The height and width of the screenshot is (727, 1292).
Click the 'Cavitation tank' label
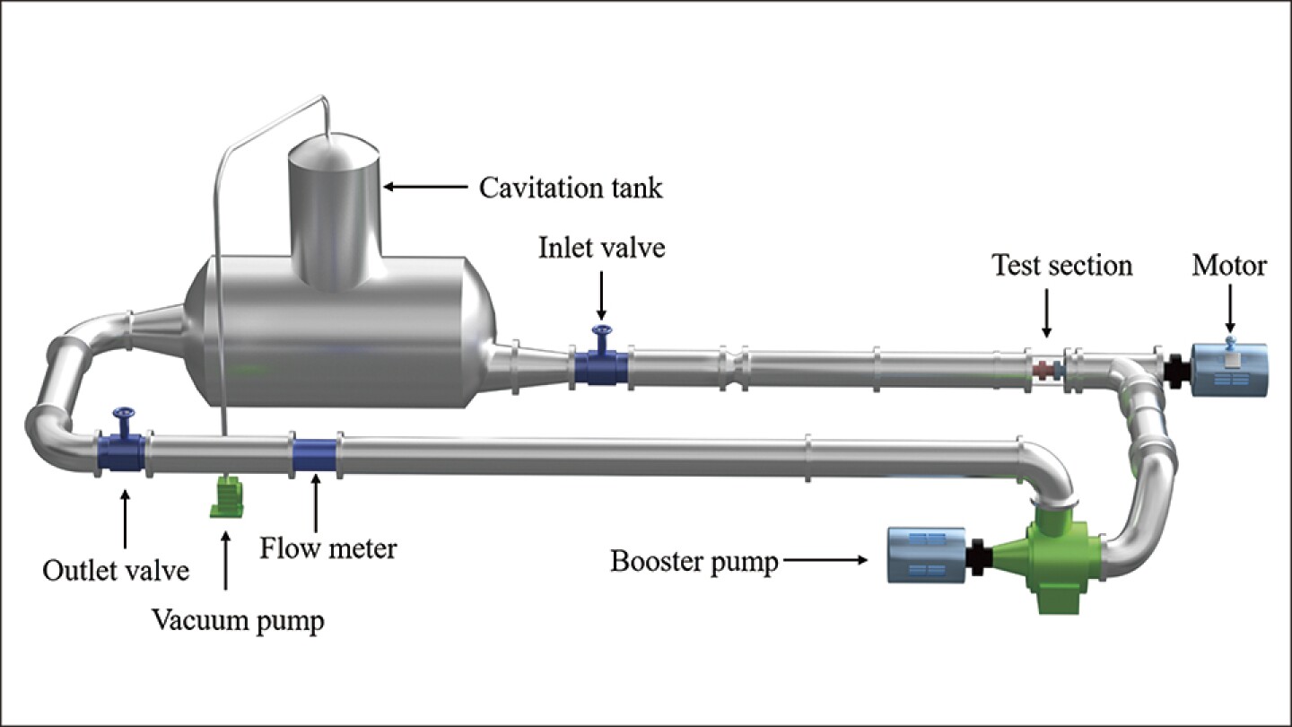[x=571, y=188]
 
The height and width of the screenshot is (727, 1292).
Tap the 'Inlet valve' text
[x=602, y=248]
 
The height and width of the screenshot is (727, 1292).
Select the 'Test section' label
[x=1061, y=266]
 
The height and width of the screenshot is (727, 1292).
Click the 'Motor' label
[x=1229, y=266]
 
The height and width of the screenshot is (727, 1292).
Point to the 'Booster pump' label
[x=694, y=562]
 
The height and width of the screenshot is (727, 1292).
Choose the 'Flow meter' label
[x=328, y=547]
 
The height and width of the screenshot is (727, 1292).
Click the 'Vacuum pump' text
[x=238, y=620]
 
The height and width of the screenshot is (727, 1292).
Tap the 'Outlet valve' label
[x=117, y=570]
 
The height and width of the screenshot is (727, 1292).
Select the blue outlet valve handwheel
[x=122, y=416]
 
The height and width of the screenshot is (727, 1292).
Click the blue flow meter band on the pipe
[x=315, y=456]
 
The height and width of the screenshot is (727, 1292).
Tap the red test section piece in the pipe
[x=1043, y=369]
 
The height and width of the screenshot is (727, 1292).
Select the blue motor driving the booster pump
[x=926, y=556]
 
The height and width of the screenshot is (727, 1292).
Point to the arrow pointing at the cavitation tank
[x=425, y=188]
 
